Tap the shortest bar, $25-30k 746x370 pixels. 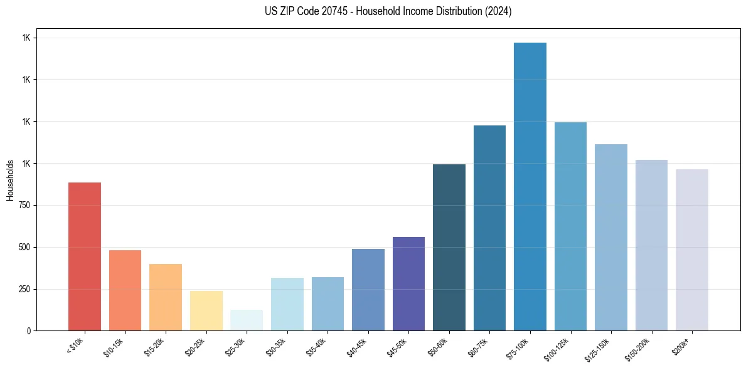pyautogui.click(x=247, y=320)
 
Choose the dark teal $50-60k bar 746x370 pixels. pyautogui.click(x=449, y=247)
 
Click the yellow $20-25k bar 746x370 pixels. pyautogui.click(x=206, y=310)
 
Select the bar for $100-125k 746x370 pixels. pyautogui.click(x=570, y=226)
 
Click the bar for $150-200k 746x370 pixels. pyautogui.click(x=651, y=245)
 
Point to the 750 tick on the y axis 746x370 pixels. pyautogui.click(x=25, y=205)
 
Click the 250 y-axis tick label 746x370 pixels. pyautogui.click(x=25, y=289)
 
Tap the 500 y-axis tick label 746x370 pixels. pyautogui.click(x=25, y=247)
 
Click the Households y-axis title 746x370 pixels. pyautogui.click(x=10, y=180)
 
